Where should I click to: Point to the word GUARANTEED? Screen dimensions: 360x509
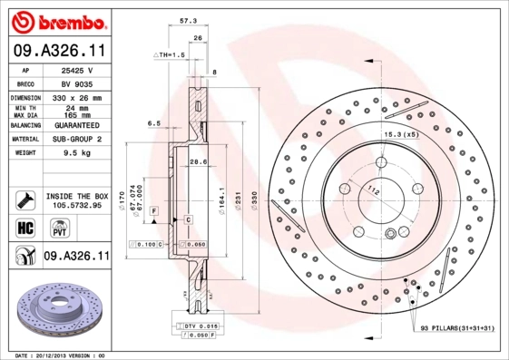(76, 124)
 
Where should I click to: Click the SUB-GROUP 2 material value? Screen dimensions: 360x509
(76, 140)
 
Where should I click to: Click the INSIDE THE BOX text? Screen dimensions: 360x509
(76, 196)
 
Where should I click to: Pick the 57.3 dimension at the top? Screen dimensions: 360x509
(188, 18)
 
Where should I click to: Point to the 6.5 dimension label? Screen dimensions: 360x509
(153, 123)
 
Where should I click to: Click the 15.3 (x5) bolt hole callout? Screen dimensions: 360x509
(401, 134)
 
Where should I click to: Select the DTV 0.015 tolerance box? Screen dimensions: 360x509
(195, 326)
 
